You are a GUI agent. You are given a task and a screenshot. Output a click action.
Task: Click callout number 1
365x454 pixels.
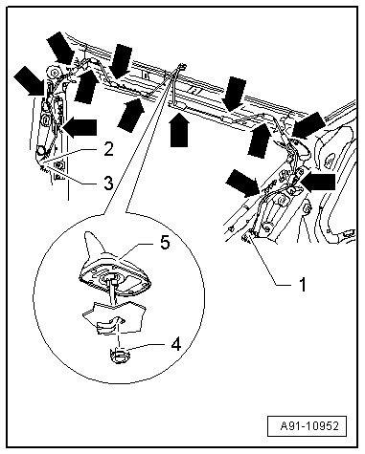click(302, 284)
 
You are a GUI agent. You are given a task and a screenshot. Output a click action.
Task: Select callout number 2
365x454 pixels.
click(108, 149)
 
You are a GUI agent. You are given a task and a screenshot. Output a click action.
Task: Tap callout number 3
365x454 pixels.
click(108, 184)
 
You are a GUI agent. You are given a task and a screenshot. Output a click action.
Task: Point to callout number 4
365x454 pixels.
click(176, 344)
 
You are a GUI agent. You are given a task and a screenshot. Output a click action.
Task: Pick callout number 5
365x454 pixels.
click(165, 243)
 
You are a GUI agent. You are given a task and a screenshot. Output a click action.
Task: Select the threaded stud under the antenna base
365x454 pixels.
click(112, 290)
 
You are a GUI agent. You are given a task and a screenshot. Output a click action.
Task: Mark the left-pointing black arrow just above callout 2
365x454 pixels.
click(80, 127)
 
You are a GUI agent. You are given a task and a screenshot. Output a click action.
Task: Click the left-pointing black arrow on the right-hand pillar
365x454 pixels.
click(318, 182)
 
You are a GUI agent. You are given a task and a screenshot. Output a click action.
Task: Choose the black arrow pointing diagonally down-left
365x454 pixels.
click(308, 125)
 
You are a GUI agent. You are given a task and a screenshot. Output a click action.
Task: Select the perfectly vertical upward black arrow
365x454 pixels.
click(179, 128)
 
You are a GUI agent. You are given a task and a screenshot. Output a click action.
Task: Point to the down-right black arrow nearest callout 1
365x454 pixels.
click(241, 182)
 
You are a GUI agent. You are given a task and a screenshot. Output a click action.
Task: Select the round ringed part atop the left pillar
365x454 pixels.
click(54, 73)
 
